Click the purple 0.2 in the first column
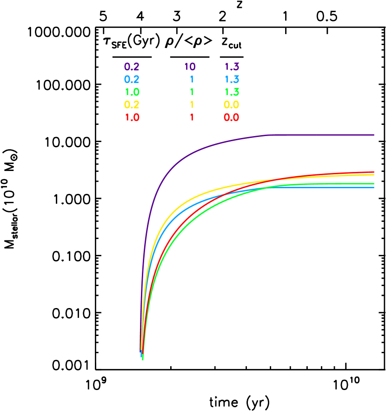point(132,67)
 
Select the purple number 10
point(190,67)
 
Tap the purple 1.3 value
point(232,67)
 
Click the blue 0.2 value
point(132,80)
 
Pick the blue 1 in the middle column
point(192,80)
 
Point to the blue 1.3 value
point(232,80)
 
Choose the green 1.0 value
point(132,92)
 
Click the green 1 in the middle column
point(192,92)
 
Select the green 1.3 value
point(232,92)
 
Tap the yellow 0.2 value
point(132,105)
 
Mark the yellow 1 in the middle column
point(192,105)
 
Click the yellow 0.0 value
point(232,105)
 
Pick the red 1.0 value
point(132,117)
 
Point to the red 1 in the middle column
point(192,117)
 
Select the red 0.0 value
point(232,117)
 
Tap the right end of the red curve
point(374,172)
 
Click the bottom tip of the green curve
point(143,359)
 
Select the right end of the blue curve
point(374,187)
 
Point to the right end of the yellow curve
point(374,175)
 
